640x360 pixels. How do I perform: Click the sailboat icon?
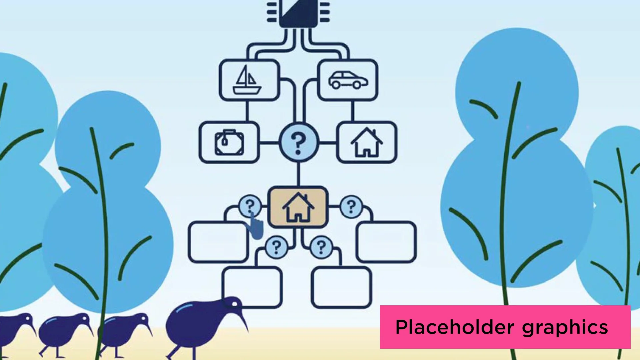tap(247, 80)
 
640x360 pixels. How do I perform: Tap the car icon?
tap(348, 80)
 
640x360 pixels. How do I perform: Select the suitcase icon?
tap(229, 143)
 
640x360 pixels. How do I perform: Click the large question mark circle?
tap(299, 142)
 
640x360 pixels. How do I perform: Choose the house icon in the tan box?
tap(298, 207)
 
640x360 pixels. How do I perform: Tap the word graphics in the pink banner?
tap(565, 328)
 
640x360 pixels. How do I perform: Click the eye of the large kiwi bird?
tap(234, 304)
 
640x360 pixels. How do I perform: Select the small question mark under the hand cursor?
tap(250, 205)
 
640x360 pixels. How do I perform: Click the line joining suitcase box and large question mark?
tap(269, 143)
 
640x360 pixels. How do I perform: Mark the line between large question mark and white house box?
tap(328, 143)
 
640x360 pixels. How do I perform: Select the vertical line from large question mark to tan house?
tap(298, 174)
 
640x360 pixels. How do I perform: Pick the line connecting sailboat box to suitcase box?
tap(247, 111)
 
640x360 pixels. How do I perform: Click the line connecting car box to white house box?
tap(353, 111)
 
